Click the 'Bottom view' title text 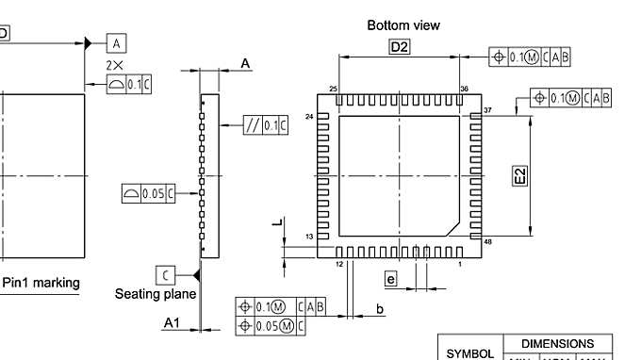click(x=403, y=25)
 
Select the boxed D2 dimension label click(x=400, y=48)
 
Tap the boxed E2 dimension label click(x=519, y=175)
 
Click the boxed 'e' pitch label click(x=391, y=278)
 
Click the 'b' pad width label click(x=380, y=309)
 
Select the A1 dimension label click(x=172, y=323)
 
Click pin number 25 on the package click(x=334, y=89)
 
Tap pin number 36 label click(x=464, y=89)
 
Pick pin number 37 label click(x=487, y=111)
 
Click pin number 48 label click(x=487, y=242)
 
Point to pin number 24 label click(x=309, y=117)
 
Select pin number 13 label click(x=308, y=237)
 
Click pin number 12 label click(x=338, y=265)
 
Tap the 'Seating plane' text click(x=156, y=294)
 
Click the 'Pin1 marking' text click(x=41, y=283)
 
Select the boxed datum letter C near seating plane click(x=164, y=274)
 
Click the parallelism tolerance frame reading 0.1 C click(x=265, y=125)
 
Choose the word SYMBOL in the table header click(x=469, y=353)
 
